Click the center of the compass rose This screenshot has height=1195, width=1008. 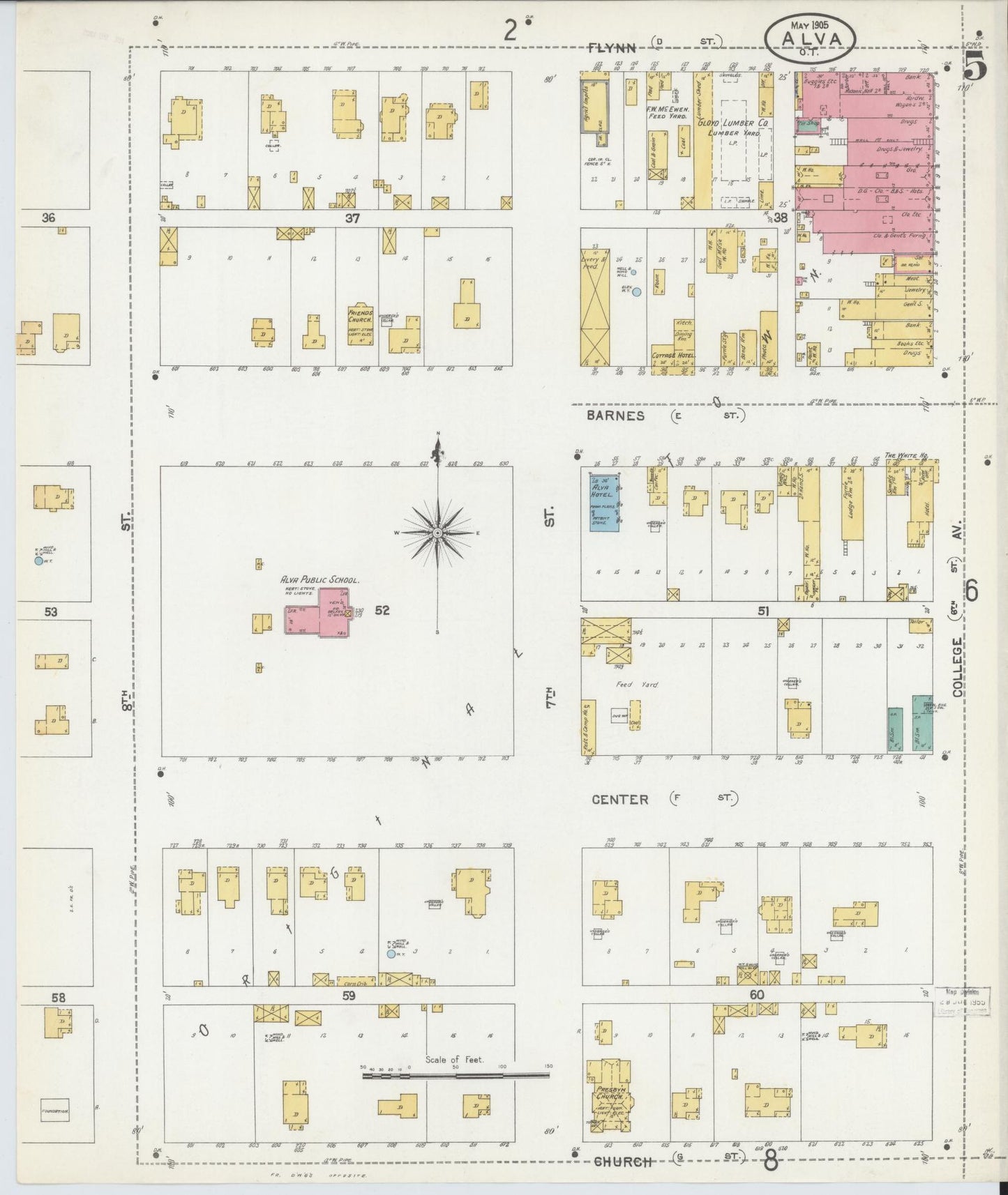(437, 533)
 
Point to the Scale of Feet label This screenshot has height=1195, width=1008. (455, 1060)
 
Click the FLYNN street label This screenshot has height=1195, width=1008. (612, 47)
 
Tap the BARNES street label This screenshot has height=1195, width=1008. (615, 416)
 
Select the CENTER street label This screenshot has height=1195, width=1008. (619, 800)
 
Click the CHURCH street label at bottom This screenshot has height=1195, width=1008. (623, 1162)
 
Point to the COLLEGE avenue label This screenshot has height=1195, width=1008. (957, 667)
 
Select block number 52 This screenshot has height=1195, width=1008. (382, 610)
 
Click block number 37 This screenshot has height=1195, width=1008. (352, 218)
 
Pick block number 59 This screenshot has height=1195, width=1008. (349, 996)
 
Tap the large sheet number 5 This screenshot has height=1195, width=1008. (976, 67)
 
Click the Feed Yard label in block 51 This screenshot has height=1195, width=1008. (627, 685)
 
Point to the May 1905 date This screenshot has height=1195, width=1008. (809, 24)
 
